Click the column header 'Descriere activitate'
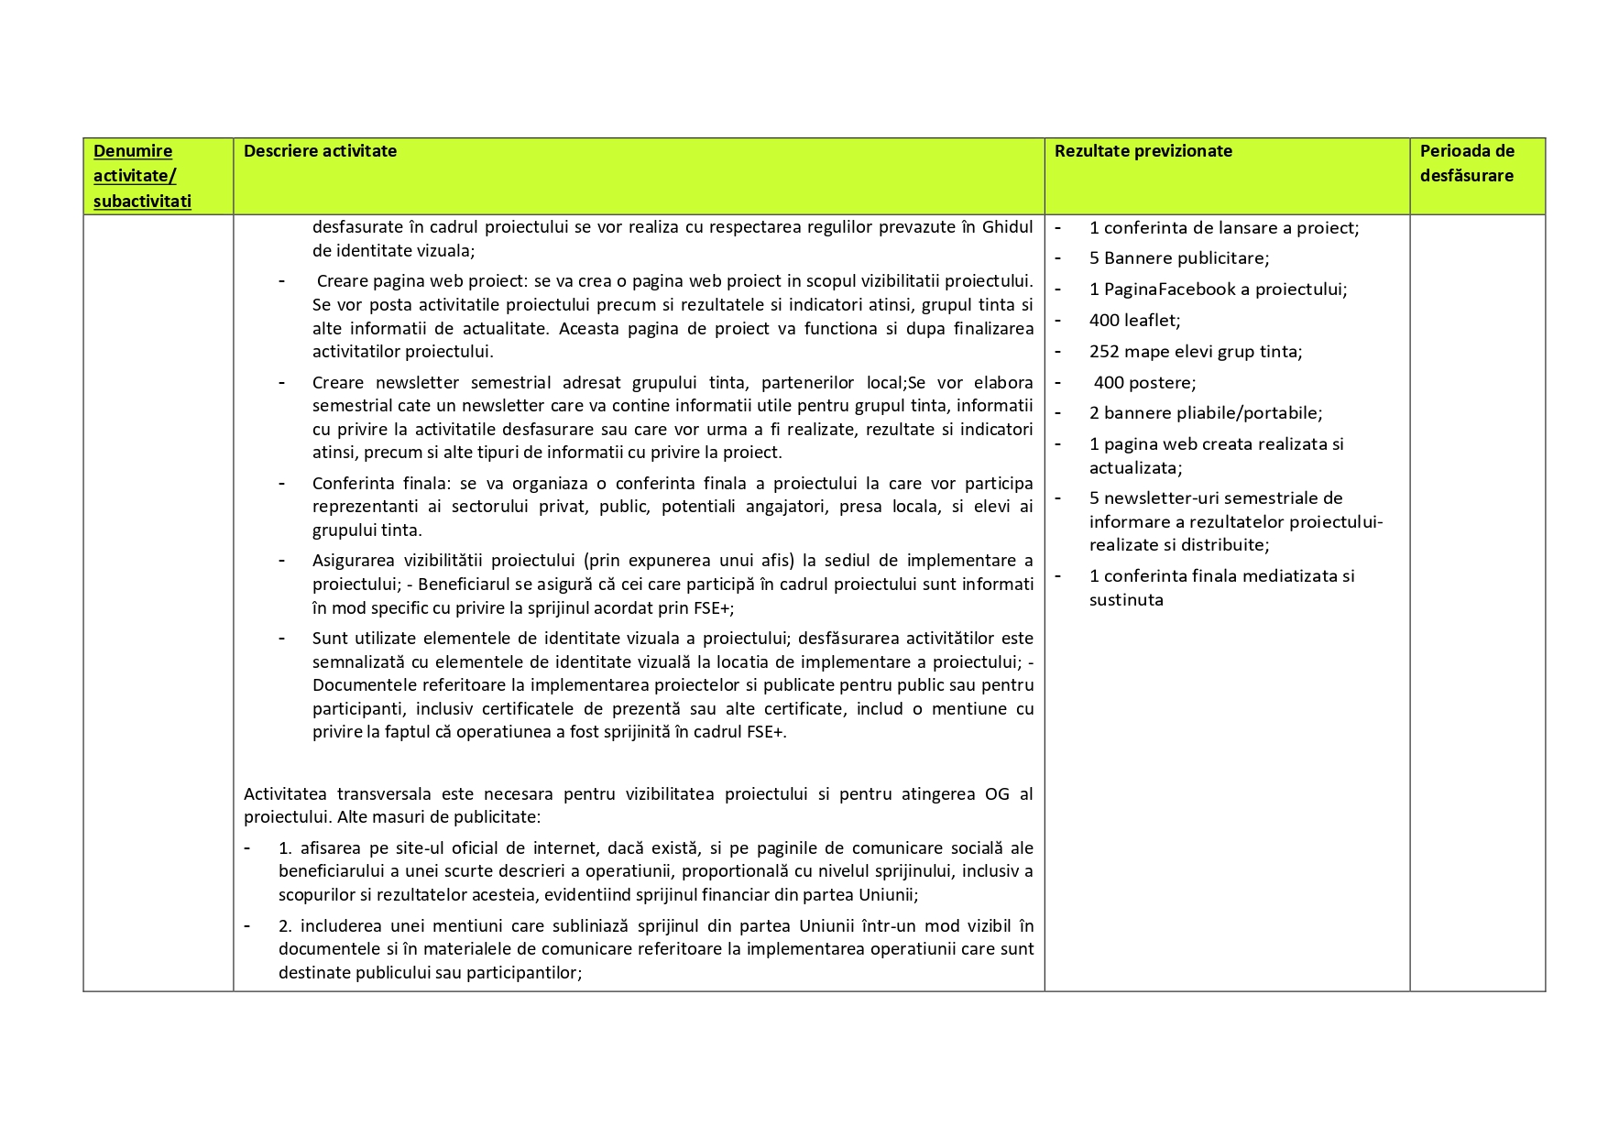point(320,151)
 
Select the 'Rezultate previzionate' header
point(1143,151)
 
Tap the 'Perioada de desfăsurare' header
point(1467,163)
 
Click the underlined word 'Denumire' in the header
point(133,151)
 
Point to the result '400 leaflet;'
point(1134,321)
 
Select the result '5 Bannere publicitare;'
point(1178,258)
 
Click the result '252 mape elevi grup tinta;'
point(1195,352)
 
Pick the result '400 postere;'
point(1143,383)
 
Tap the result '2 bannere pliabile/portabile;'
point(1205,413)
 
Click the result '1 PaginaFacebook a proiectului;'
point(1218,290)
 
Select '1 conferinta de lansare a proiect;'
point(1223,228)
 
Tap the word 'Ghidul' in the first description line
point(1007,227)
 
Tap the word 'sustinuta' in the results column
point(1126,600)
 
